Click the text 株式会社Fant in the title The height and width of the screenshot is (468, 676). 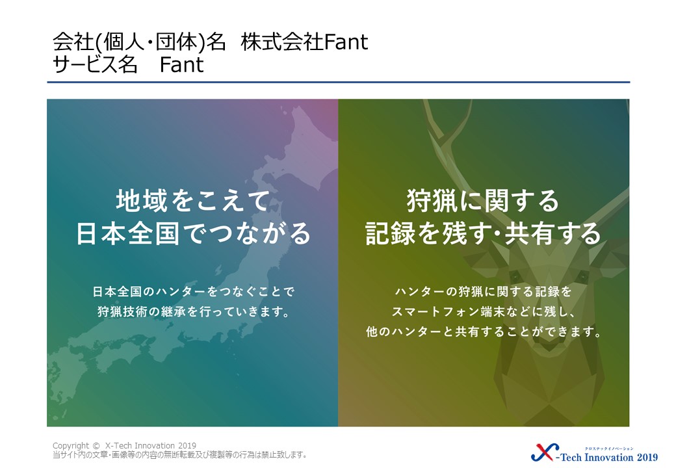[304, 42]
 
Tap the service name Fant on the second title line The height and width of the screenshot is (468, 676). [181, 64]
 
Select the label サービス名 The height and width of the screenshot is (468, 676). [95, 64]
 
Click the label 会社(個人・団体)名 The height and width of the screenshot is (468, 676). [139, 42]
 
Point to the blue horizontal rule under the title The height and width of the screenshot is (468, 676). [339, 82]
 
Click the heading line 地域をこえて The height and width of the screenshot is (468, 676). [192, 201]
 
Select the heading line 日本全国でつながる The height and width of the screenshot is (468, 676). [193, 233]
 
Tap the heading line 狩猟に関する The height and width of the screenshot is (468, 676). [483, 201]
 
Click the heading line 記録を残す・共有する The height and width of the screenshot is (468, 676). [483, 233]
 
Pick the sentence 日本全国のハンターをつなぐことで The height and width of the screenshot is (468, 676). [193, 292]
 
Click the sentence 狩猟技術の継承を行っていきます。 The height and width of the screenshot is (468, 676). [193, 311]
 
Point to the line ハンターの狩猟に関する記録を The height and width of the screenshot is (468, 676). [484, 292]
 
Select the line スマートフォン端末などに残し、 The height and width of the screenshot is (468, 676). [484, 311]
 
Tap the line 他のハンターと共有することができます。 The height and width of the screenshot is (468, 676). [484, 331]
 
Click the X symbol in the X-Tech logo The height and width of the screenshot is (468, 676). [544, 452]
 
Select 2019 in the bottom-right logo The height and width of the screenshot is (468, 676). [647, 457]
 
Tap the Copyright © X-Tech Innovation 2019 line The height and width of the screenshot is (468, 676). [124, 446]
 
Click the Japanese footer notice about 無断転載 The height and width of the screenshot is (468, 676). [179, 454]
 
